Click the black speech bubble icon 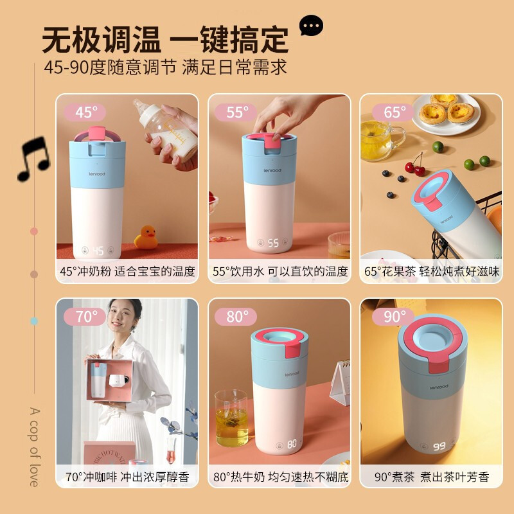[x=311, y=25]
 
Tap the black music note [x=34, y=159]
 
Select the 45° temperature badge [x=85, y=112]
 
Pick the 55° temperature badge [x=236, y=112]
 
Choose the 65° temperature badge [x=393, y=112]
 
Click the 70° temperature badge [x=85, y=317]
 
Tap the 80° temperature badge [x=236, y=317]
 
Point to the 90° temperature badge [x=393, y=317]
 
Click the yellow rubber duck [x=146, y=237]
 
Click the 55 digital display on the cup [x=273, y=243]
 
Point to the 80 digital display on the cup [x=292, y=444]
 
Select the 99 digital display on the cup [x=439, y=447]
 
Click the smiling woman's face [x=121, y=317]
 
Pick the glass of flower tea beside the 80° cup [x=231, y=418]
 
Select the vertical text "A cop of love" [x=34, y=447]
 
